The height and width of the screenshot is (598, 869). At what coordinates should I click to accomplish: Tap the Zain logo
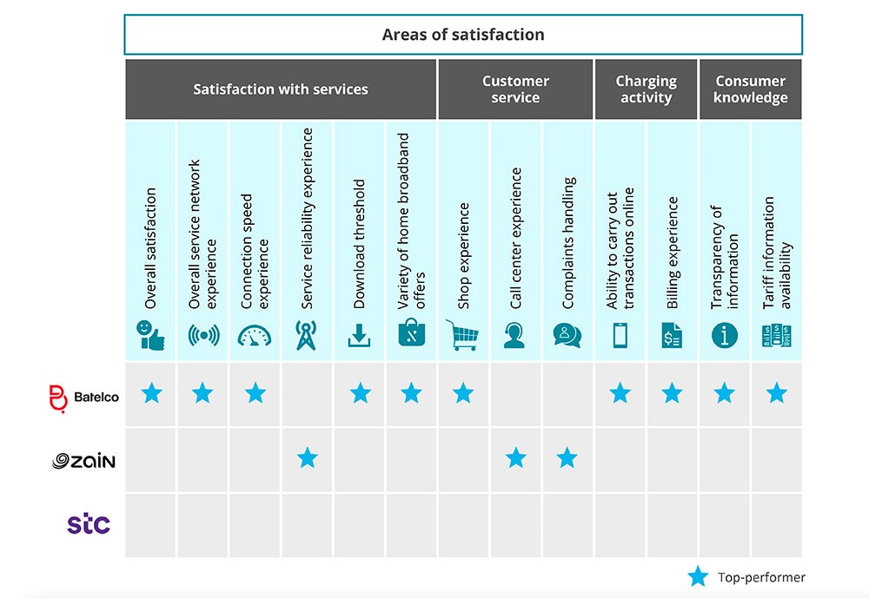coord(83,461)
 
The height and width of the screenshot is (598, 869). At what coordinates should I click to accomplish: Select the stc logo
coord(89,524)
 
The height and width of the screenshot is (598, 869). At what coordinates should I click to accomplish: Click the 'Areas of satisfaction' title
coord(463,35)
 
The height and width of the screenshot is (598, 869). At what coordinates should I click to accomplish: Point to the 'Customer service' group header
coord(515,89)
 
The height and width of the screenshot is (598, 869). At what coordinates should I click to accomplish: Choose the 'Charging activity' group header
coord(647,89)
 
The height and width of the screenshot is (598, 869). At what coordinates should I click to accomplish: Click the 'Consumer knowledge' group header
coord(751,89)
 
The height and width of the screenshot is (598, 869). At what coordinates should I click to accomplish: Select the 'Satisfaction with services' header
coord(281,89)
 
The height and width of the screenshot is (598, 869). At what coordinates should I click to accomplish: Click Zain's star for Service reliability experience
coord(308,458)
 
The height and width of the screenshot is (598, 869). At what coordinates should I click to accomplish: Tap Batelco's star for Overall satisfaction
coord(152,393)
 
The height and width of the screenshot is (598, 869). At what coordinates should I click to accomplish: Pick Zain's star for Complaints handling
coord(567,458)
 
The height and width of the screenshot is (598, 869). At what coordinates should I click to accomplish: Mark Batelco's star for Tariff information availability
coord(776,393)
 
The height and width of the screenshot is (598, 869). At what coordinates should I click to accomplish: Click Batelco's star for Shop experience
coord(463,393)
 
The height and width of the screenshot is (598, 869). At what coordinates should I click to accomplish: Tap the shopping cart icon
coord(462,335)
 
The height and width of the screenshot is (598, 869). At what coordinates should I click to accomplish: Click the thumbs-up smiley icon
coord(150,335)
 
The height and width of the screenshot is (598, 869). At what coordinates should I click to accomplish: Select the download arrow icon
coord(359,336)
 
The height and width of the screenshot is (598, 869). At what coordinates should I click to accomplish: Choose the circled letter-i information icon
coord(725,336)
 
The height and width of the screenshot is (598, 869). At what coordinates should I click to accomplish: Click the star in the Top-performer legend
coord(699,576)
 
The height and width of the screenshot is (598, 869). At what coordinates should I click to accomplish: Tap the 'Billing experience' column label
coord(673,253)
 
